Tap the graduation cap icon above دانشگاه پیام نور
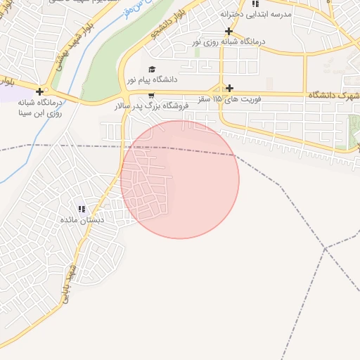point(152,68)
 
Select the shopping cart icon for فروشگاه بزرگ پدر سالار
point(152,94)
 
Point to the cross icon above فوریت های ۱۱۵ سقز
point(229,88)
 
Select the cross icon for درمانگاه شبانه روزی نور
point(229,31)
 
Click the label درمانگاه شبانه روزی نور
point(229,42)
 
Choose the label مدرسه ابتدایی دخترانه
point(255,14)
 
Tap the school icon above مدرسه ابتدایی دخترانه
point(255,4)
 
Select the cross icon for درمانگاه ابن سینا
point(40,91)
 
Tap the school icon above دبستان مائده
point(82,209)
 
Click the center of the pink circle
point(179,179)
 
